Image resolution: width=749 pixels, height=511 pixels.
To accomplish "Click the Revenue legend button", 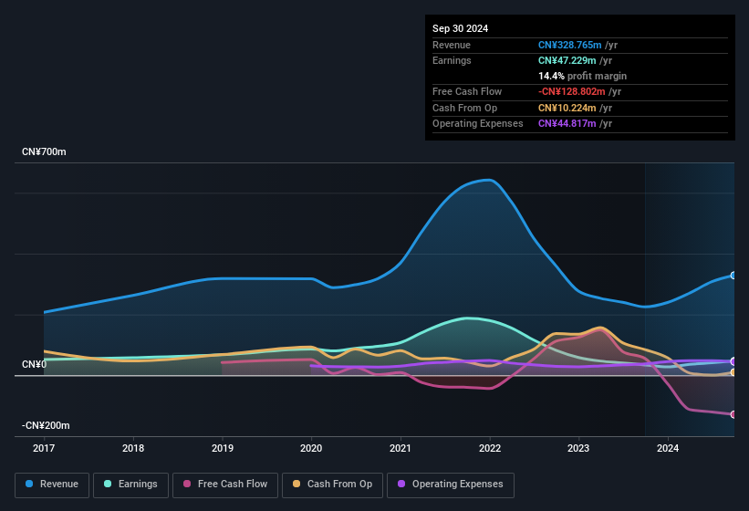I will click(x=53, y=485).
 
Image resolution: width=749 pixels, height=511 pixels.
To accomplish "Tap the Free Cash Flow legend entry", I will click(x=225, y=485).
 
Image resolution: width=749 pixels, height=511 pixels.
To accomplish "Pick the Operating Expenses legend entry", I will click(x=451, y=485).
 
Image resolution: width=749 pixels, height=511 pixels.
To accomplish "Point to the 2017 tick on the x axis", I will click(x=45, y=448).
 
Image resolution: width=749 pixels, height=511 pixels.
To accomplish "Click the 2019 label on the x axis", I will click(x=223, y=448).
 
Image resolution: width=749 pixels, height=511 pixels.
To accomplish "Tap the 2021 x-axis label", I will click(x=401, y=448).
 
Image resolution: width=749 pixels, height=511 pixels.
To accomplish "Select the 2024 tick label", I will click(x=668, y=448).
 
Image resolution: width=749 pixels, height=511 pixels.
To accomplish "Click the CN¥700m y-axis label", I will click(x=44, y=151).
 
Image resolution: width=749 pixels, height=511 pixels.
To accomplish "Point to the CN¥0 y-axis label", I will click(x=35, y=364).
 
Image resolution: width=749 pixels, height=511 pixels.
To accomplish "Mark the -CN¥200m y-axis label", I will click(x=47, y=425).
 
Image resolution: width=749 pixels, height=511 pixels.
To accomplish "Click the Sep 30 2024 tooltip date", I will click(x=461, y=28).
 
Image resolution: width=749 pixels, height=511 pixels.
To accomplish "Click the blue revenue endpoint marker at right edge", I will click(x=733, y=276).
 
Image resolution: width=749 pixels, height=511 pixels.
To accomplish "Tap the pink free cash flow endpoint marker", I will click(x=733, y=414).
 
